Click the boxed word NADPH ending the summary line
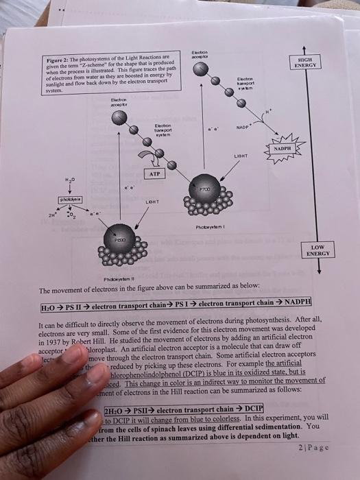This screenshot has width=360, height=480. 295,302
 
